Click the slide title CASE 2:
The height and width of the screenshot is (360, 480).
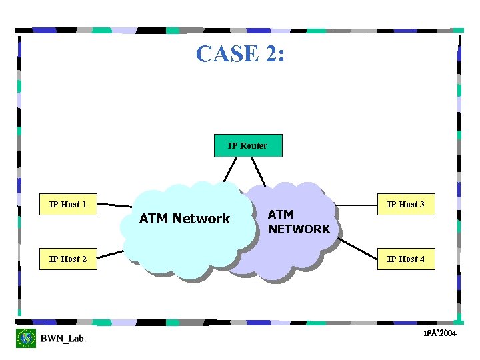pyautogui.click(x=241, y=53)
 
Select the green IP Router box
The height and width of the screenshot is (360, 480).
pyautogui.click(x=247, y=145)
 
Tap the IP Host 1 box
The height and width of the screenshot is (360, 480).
pyautogui.click(x=68, y=204)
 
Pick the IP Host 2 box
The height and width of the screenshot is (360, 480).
pyautogui.click(x=68, y=259)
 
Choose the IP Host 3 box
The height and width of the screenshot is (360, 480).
pyautogui.click(x=406, y=204)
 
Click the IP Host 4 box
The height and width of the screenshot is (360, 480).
pyautogui.click(x=406, y=259)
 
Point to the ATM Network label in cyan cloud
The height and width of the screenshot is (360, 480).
pyautogui.click(x=184, y=219)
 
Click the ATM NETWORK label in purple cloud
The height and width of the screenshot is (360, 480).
pyautogui.click(x=298, y=222)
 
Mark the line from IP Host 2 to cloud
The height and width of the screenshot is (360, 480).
pyautogui.click(x=110, y=254)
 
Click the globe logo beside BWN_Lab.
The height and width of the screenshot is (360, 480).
pyautogui.click(x=26, y=338)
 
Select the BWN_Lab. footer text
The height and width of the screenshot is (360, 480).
pyautogui.click(x=63, y=339)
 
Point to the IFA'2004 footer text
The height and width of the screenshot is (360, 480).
pyautogui.click(x=439, y=333)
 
